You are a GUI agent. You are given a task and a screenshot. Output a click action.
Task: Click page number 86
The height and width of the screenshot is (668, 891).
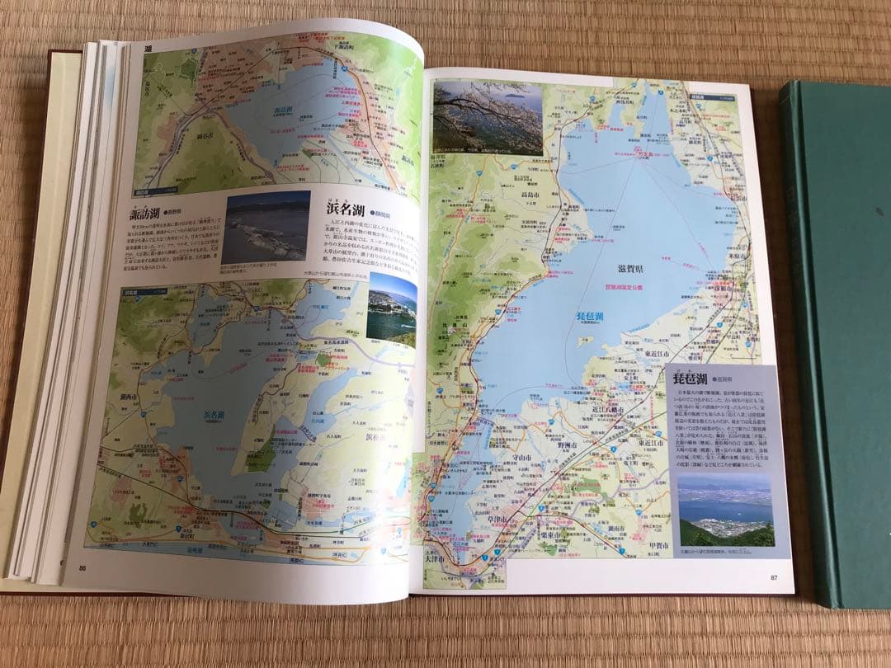tap(82, 567)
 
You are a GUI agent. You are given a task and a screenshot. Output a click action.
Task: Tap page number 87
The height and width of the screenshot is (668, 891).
tap(774, 576)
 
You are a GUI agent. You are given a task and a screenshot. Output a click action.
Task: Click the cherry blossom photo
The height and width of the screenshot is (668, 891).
tap(488, 118)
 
